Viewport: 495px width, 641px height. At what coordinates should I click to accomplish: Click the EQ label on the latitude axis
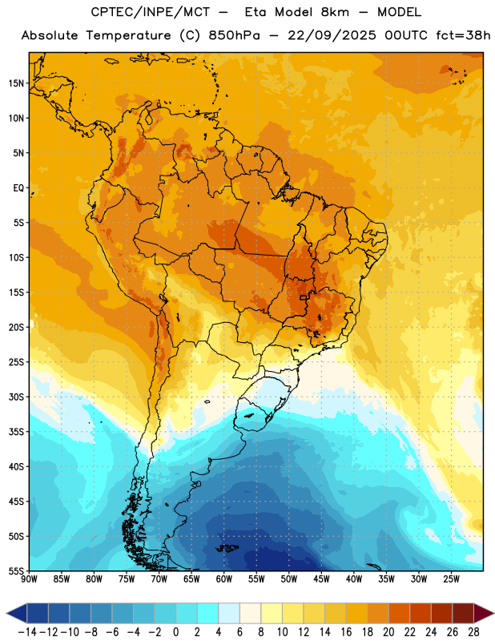point(18,188)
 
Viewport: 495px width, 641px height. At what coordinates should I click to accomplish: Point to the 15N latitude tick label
point(16,83)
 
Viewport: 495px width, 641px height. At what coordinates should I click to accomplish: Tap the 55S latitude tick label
point(16,570)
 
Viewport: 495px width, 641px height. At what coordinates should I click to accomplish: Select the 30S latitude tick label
point(16,397)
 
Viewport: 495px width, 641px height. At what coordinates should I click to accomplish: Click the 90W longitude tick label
point(29,579)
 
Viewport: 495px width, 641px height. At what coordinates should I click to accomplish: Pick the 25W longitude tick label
point(451,579)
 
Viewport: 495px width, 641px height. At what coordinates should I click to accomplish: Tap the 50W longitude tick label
point(289,579)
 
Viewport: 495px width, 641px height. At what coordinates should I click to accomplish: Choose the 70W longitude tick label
point(159,579)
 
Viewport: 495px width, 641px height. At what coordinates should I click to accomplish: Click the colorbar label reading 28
point(473,632)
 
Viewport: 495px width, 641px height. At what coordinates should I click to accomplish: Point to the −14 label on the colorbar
point(27,632)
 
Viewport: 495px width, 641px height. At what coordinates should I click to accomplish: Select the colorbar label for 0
point(175,632)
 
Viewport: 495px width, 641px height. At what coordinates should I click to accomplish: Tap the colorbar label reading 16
point(346,632)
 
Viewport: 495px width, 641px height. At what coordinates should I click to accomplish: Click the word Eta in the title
point(256,12)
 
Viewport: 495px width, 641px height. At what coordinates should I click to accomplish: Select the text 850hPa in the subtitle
point(234,35)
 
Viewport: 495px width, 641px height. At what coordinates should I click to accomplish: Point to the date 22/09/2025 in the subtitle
point(332,35)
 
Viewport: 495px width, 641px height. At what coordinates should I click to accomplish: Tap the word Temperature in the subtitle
point(128,35)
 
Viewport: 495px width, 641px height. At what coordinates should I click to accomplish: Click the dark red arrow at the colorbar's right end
point(483,613)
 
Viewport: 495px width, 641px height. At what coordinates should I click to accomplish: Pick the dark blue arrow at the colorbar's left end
point(17,613)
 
